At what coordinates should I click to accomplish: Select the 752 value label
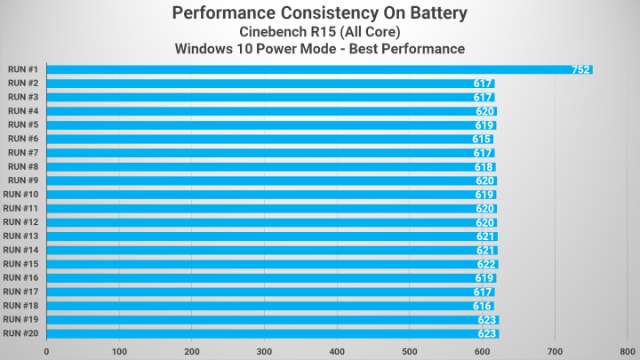580,69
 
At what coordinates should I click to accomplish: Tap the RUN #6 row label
22,139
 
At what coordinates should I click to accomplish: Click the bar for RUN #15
271,264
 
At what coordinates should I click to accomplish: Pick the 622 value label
487,264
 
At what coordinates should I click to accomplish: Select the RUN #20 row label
20,333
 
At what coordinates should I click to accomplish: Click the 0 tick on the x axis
46,351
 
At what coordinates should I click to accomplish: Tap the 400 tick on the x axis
337,351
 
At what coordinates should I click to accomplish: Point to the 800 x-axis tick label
628,351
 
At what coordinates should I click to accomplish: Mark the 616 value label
483,306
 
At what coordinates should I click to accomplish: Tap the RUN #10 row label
20,195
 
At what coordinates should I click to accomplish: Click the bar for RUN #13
271,236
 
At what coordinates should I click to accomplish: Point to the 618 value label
484,167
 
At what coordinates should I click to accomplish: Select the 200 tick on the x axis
191,351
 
